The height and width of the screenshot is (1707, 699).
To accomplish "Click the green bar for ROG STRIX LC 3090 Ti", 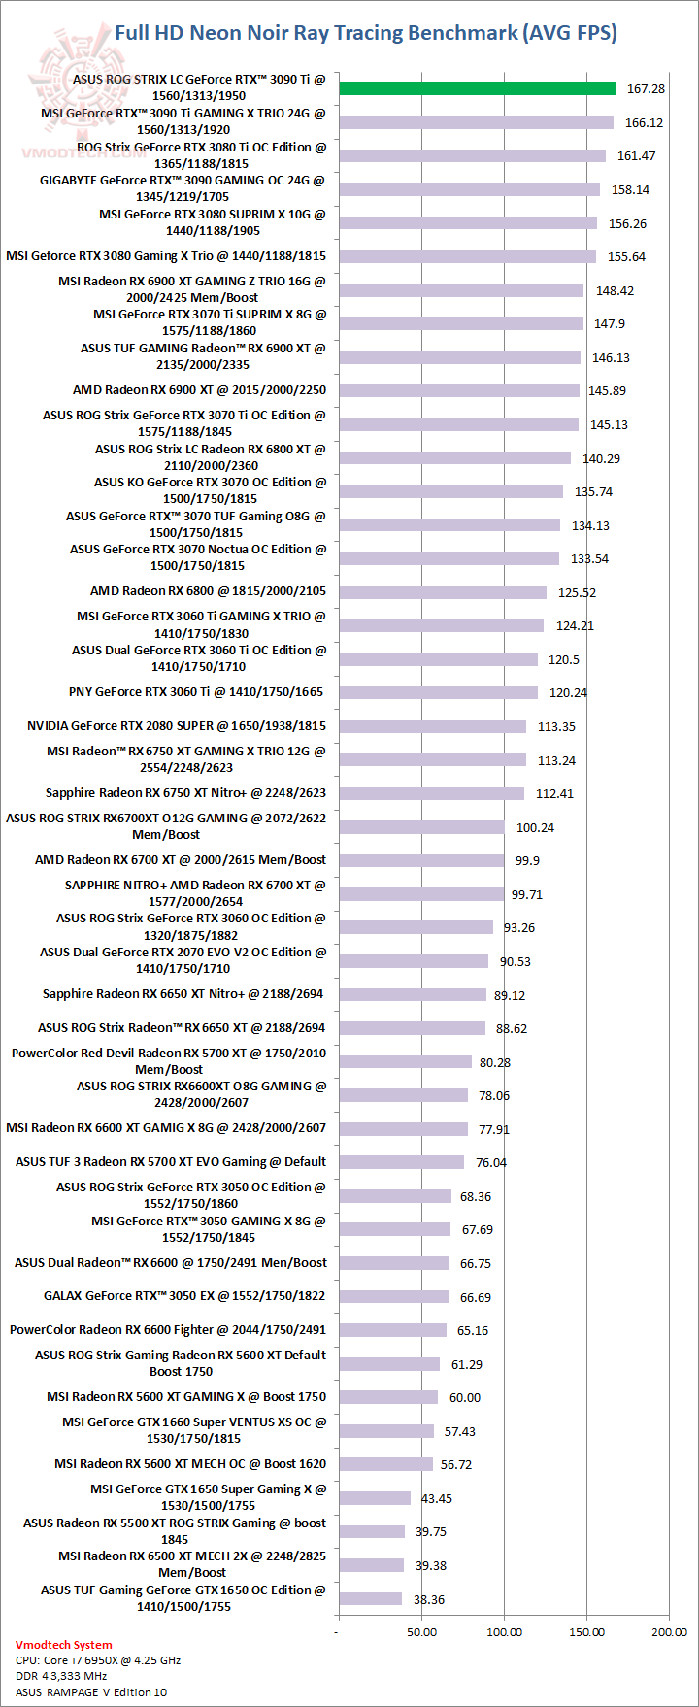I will tap(477, 88).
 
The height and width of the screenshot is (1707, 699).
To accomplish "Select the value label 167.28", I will tap(646, 89).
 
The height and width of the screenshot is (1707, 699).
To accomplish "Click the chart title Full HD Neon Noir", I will tap(366, 33).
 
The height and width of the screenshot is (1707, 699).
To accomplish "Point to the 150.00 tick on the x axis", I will tap(586, 1631).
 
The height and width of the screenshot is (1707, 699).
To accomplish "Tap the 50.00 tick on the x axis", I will tap(421, 1631).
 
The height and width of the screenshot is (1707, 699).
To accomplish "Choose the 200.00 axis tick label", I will tap(669, 1631).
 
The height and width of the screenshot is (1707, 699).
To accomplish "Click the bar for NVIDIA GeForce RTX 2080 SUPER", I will tap(432, 726).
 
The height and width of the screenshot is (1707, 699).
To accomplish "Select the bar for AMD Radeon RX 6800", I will tap(443, 592).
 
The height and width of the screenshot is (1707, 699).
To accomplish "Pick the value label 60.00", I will tap(465, 1398).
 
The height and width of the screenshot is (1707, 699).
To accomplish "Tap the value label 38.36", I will tap(429, 1599).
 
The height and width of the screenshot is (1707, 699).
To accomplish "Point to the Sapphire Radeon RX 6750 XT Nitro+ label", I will tap(185, 793).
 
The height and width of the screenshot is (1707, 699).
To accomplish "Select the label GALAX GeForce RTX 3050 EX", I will tap(184, 1296).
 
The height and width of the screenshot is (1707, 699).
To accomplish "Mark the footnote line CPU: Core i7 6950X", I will tap(98, 1660).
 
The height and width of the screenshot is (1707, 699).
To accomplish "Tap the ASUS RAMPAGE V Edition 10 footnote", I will tap(91, 1691).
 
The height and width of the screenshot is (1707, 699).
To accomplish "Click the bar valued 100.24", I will tap(421, 827).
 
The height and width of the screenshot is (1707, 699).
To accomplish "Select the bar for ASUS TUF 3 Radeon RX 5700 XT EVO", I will tap(401, 1162).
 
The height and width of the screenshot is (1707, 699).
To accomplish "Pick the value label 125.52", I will tap(577, 592).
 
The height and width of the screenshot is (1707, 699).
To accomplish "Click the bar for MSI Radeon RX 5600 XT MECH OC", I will tap(385, 1464).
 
